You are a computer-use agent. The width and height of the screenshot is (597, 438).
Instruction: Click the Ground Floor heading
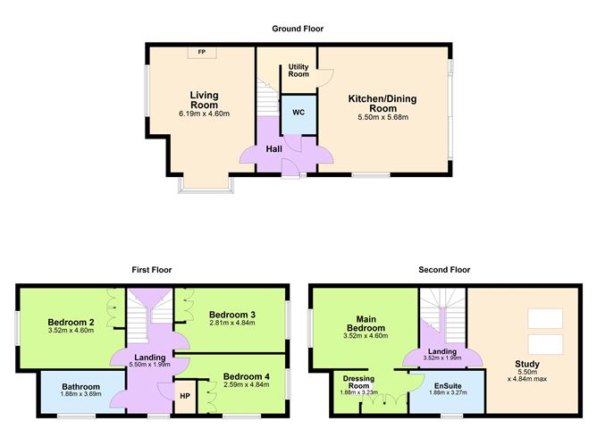pyautogui.click(x=298, y=29)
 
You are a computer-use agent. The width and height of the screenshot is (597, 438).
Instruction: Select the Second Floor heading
pyautogui.click(x=444, y=269)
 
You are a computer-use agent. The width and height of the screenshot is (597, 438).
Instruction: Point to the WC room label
pyautogui.click(x=298, y=114)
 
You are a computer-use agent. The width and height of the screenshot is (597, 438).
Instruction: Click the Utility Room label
pyautogui.click(x=298, y=71)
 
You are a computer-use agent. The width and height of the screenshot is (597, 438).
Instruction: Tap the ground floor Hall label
pyautogui.click(x=273, y=148)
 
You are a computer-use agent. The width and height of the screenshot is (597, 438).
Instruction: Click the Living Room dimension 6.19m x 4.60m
pyautogui.click(x=205, y=114)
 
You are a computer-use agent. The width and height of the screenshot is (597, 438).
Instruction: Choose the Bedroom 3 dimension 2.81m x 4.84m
pyautogui.click(x=232, y=325)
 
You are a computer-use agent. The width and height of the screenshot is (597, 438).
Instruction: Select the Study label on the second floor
pyautogui.click(x=526, y=364)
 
